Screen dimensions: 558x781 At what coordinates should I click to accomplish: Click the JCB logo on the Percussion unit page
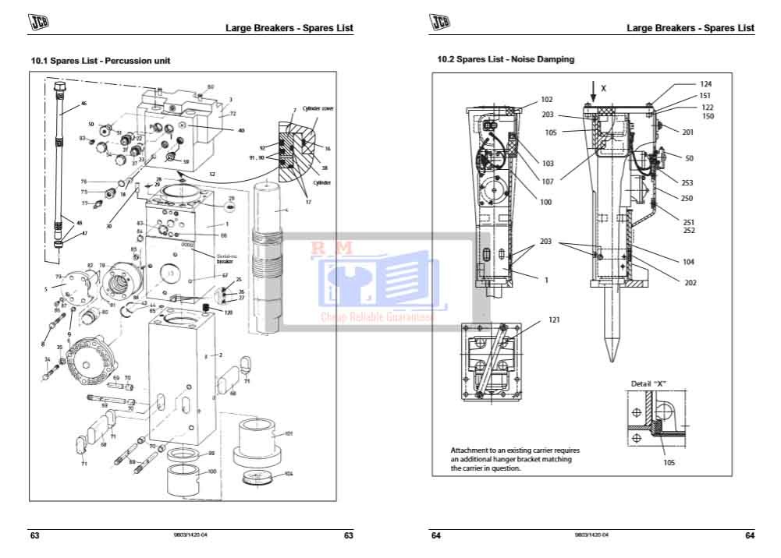click(x=38, y=24)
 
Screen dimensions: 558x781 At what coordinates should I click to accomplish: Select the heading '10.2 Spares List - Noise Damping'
click(x=505, y=59)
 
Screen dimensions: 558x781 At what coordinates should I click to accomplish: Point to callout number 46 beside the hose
click(x=84, y=104)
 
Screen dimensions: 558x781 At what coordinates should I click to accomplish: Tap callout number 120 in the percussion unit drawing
click(x=229, y=313)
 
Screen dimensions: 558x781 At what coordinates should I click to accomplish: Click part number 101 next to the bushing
click(x=288, y=433)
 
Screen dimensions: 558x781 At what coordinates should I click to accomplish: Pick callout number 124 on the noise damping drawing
click(x=706, y=83)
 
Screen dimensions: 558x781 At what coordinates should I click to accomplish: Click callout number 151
click(x=706, y=96)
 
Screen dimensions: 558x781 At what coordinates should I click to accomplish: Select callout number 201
click(x=687, y=132)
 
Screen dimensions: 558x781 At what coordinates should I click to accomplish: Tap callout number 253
click(x=687, y=183)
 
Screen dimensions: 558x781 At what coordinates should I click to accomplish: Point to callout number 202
click(x=690, y=282)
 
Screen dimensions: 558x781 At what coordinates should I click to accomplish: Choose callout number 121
click(x=554, y=320)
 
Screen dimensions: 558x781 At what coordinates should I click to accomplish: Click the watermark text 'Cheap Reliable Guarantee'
click(x=378, y=316)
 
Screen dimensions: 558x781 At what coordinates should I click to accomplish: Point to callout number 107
click(x=546, y=182)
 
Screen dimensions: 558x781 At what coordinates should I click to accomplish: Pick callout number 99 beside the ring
click(x=211, y=453)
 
